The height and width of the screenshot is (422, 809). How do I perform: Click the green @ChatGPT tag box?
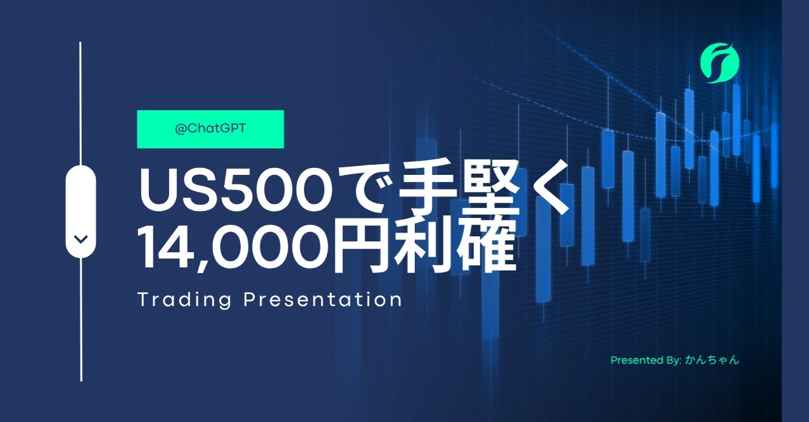[210, 129]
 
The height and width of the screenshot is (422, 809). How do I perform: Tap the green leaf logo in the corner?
[720, 63]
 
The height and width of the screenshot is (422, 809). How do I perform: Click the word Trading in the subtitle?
[184, 300]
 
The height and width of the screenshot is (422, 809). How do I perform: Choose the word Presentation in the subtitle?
[322, 300]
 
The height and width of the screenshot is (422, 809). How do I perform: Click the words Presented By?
[646, 360]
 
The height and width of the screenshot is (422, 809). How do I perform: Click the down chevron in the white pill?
[80, 239]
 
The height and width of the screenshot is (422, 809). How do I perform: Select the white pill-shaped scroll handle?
[80, 212]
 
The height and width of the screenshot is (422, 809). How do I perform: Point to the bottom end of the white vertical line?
[81, 380]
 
